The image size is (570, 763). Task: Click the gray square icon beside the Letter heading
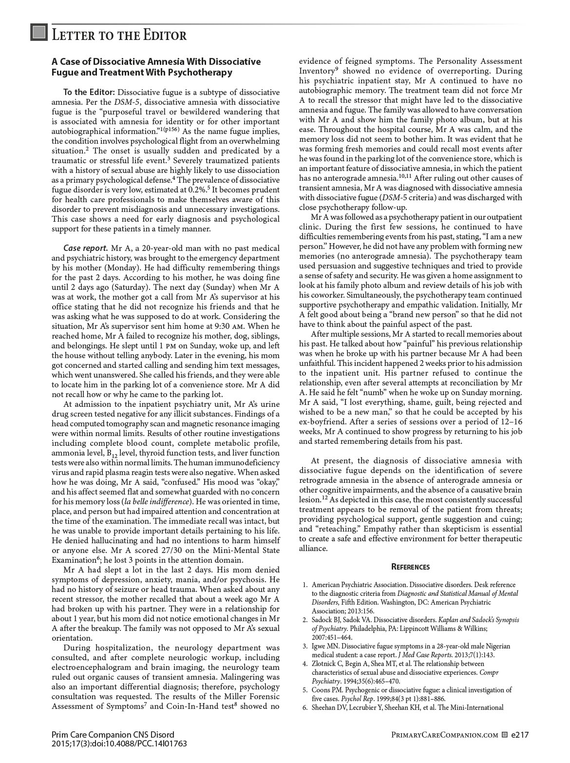click(38, 33)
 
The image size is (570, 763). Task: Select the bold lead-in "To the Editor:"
click(89, 93)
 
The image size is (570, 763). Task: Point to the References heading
click(411, 567)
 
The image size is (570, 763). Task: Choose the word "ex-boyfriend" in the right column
click(322, 422)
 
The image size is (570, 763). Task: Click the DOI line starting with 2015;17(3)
click(119, 744)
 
